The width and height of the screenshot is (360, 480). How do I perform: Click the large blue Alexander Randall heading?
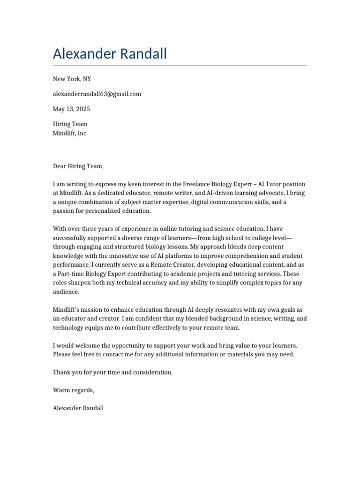point(110,54)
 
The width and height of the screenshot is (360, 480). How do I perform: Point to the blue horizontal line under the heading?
point(180,66)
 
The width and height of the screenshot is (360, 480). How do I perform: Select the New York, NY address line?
point(69,79)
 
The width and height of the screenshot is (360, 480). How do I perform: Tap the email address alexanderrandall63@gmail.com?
point(97,94)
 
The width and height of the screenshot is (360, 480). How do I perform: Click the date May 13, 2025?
point(72,109)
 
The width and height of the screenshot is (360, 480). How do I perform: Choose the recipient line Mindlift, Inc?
point(70,133)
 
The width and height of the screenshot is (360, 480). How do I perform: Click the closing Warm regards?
point(74,390)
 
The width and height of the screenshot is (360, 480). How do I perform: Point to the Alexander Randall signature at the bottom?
point(78,408)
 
